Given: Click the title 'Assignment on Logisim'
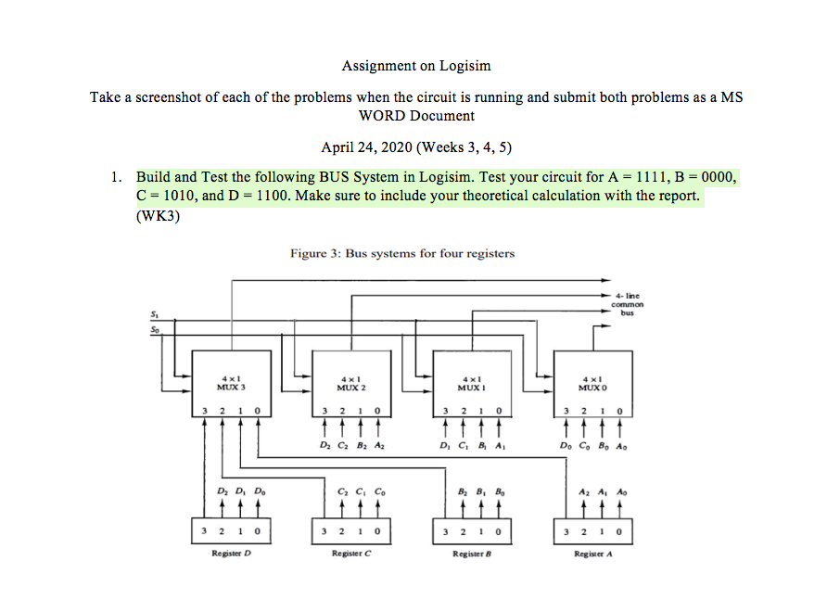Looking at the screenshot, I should coord(416,66).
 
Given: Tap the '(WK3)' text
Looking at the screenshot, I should coord(157,218).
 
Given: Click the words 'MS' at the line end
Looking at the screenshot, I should coord(731,97).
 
